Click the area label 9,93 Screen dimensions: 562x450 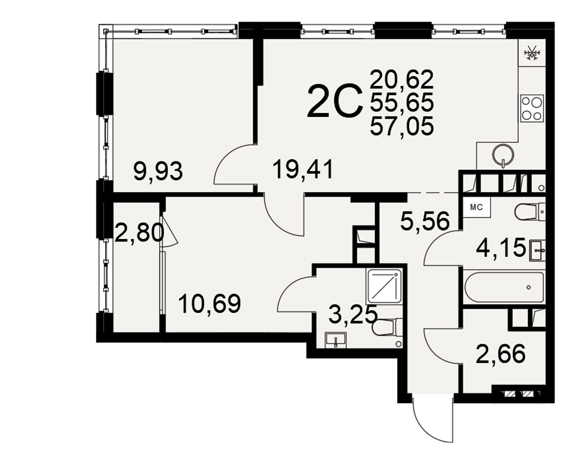tap(158, 172)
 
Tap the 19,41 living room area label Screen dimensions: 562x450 tap(303, 170)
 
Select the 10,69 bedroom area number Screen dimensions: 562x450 tap(210, 304)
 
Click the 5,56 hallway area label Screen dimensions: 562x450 tap(425, 221)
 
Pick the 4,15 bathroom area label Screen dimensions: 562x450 tap(501, 247)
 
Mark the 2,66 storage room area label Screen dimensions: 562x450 tap(501, 354)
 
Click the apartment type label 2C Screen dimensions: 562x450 tap(333, 102)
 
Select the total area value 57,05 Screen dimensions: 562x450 tap(402, 127)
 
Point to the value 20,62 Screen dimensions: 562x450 tap(402, 80)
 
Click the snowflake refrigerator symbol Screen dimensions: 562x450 tap(532, 55)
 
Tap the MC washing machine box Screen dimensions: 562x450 tap(477, 208)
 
